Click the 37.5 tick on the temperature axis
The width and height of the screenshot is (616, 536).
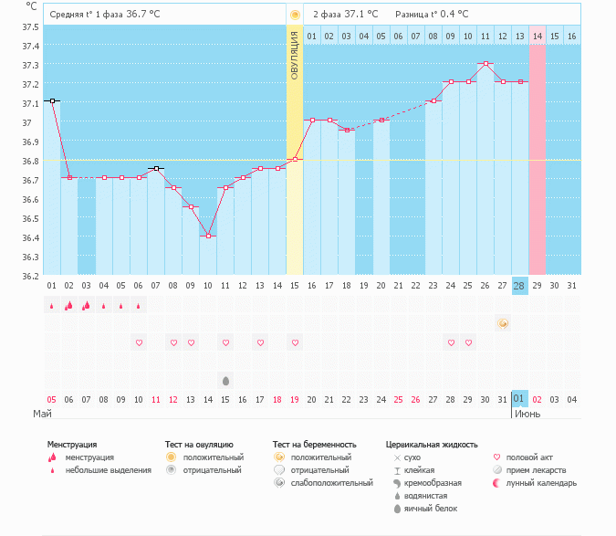pyautogui.click(x=32, y=26)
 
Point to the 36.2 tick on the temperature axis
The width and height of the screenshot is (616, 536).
pyautogui.click(x=32, y=276)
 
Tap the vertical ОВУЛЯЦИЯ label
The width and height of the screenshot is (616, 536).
pyautogui.click(x=295, y=55)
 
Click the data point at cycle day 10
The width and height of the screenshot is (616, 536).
pyautogui.click(x=208, y=236)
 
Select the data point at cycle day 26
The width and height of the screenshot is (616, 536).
pyautogui.click(x=486, y=64)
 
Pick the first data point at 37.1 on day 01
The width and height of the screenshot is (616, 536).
pyautogui.click(x=52, y=100)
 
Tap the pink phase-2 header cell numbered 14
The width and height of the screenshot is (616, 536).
pyautogui.click(x=538, y=36)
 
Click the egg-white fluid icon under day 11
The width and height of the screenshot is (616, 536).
pyautogui.click(x=225, y=379)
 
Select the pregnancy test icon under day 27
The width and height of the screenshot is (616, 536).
pyautogui.click(x=503, y=323)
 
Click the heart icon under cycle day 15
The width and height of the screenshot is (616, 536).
pyautogui.click(x=295, y=342)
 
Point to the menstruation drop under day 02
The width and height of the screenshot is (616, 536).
pyautogui.click(x=68, y=306)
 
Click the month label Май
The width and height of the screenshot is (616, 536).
pyautogui.click(x=43, y=414)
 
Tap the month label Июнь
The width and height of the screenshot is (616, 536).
pyautogui.click(x=527, y=414)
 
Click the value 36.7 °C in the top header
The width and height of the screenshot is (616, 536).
pyautogui.click(x=144, y=15)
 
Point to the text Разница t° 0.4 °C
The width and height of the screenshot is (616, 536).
pyautogui.click(x=432, y=15)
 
